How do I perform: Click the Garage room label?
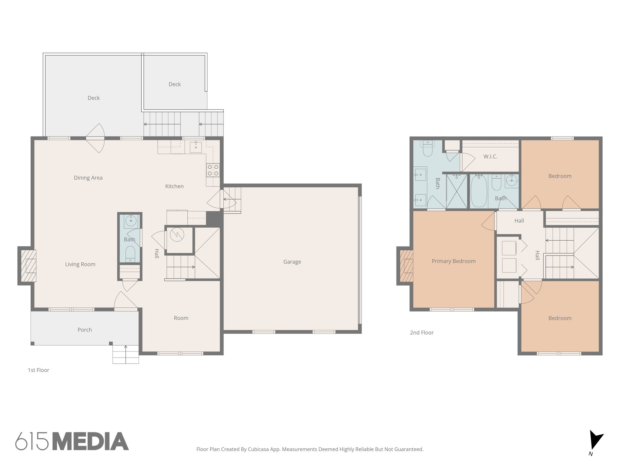point(292,262)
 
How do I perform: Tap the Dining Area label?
point(88,178)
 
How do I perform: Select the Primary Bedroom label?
point(453,261)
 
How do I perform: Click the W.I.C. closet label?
point(490,157)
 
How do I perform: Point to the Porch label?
point(84,330)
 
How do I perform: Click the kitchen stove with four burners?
point(213,170)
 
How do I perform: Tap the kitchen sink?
point(196,147)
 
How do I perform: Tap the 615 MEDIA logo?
point(72,441)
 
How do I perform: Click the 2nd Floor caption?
point(421,332)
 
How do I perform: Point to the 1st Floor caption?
point(38,370)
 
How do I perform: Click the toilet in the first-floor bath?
point(130,253)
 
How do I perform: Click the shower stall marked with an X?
point(457,191)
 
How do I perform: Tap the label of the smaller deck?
point(174,84)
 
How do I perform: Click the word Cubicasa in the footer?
point(259,449)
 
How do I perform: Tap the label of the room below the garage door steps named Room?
point(181,318)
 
